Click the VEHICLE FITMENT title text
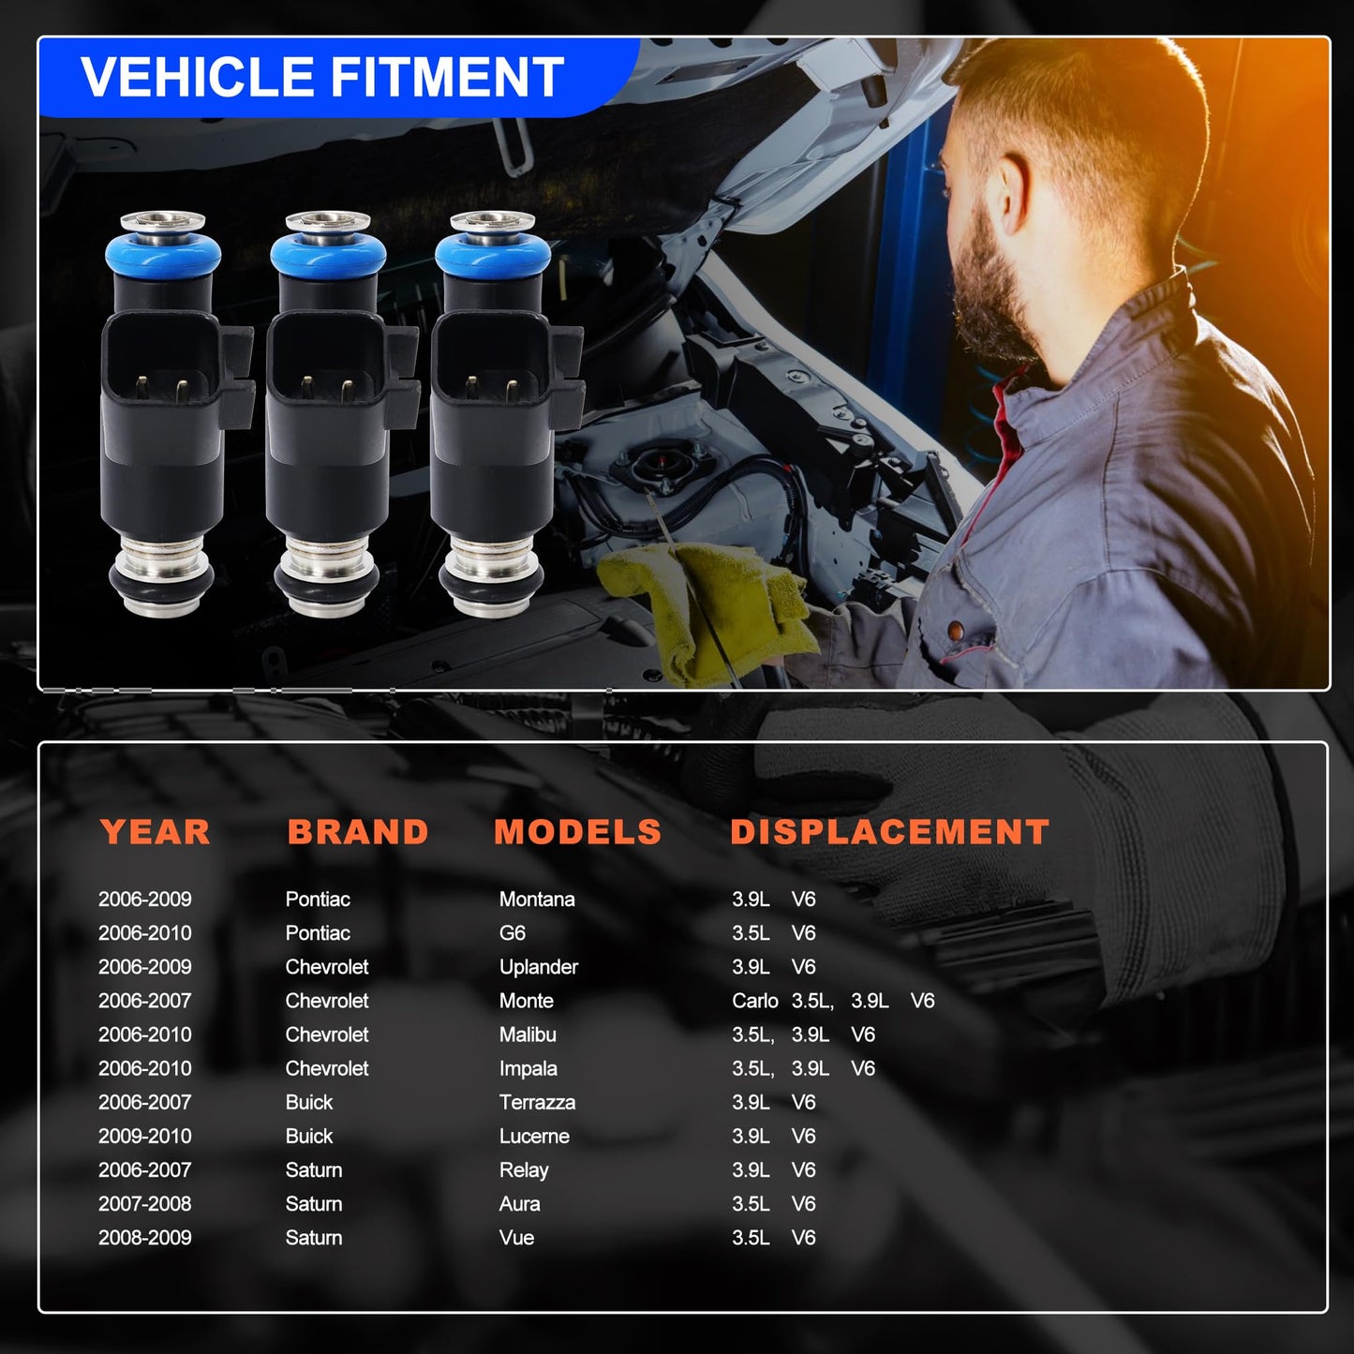click(321, 77)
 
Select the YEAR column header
click(155, 832)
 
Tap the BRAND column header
click(358, 832)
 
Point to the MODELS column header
click(577, 832)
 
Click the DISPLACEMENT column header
click(889, 832)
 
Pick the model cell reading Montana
click(537, 900)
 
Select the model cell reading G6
click(512, 933)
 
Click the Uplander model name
click(538, 967)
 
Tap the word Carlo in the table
click(754, 1001)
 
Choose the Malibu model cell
click(528, 1034)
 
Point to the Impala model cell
click(528, 1068)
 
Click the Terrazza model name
click(537, 1102)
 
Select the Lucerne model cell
click(534, 1136)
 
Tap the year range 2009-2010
click(144, 1136)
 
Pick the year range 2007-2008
click(144, 1203)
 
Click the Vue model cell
click(516, 1238)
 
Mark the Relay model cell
click(524, 1169)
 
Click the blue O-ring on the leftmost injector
click(163, 253)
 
